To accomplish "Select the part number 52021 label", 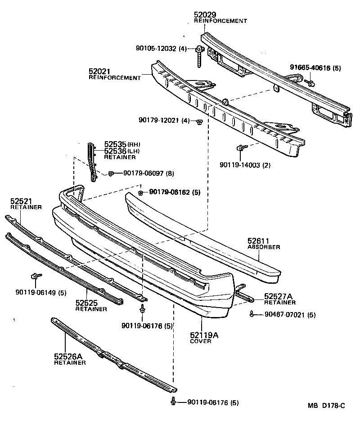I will [99, 71].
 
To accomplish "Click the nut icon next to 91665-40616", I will [310, 82].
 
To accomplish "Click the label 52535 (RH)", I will [116, 144].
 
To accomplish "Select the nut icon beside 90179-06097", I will [111, 174].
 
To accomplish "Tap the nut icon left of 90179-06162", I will [140, 192].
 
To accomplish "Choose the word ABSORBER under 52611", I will [264, 247].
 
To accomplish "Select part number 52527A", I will [279, 296].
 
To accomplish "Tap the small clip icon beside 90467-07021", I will [252, 314].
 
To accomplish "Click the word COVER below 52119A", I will [200, 341].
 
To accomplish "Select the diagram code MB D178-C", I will [326, 406].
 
